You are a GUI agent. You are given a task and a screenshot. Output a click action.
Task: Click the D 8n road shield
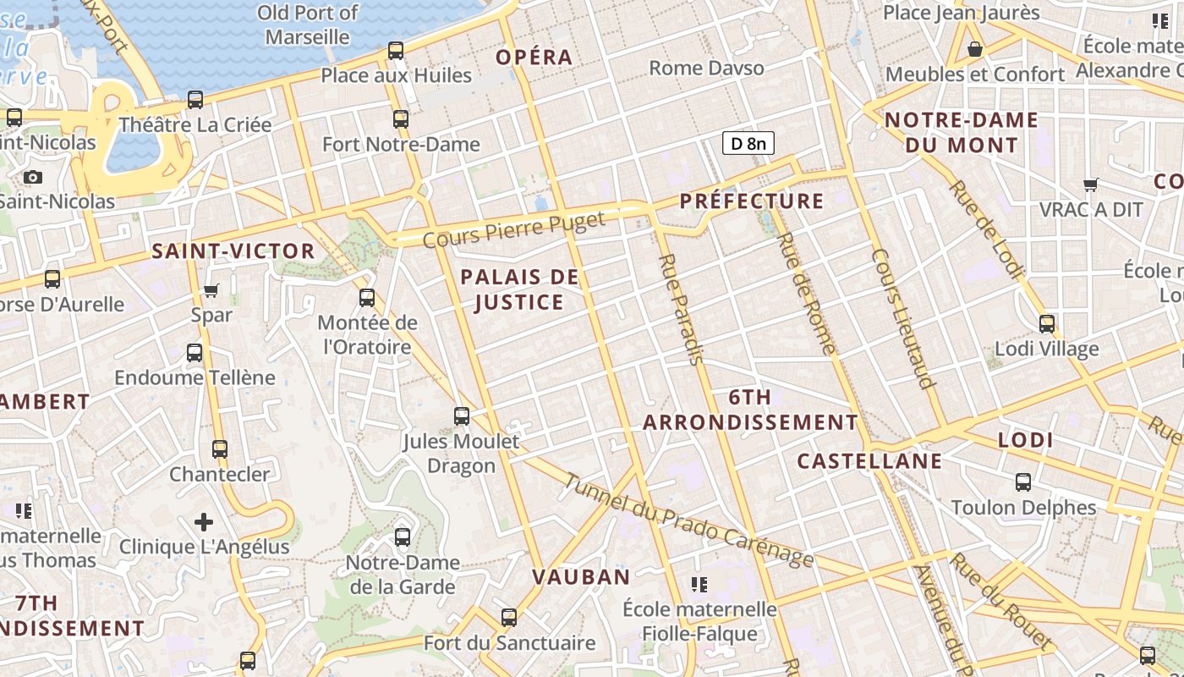click(748, 143)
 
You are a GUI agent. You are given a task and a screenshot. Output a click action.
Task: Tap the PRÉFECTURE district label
click(752, 201)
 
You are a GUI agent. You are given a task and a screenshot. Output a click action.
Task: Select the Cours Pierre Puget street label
click(514, 230)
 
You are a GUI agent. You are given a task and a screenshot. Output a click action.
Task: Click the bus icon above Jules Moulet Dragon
click(462, 416)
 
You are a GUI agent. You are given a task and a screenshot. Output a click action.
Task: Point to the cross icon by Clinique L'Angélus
click(204, 522)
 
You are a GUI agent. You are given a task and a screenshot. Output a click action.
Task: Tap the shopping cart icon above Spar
click(211, 291)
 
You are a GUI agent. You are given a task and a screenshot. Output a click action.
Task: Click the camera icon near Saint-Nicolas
click(33, 177)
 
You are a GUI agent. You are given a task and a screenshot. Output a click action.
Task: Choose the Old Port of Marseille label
click(308, 25)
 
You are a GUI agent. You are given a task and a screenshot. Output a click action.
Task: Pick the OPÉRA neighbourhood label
click(534, 58)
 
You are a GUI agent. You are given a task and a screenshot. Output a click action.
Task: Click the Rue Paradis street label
click(682, 309)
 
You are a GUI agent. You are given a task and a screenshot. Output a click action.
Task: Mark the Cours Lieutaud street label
click(904, 318)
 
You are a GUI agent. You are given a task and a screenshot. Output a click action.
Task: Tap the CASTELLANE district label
click(869, 461)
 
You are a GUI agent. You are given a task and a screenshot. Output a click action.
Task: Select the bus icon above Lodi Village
click(1047, 323)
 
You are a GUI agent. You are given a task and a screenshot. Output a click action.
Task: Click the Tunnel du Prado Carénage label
click(688, 520)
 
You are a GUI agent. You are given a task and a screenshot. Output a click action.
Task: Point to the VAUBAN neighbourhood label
click(581, 577)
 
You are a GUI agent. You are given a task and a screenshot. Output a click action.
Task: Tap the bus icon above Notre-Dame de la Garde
click(403, 537)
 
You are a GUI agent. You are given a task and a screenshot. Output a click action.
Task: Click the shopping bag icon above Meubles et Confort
click(975, 49)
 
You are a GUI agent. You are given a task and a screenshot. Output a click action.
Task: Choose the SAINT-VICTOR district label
click(233, 251)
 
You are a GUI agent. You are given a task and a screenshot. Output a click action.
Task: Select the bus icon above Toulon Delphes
click(1023, 482)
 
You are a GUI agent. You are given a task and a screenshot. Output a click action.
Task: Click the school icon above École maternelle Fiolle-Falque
click(699, 584)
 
